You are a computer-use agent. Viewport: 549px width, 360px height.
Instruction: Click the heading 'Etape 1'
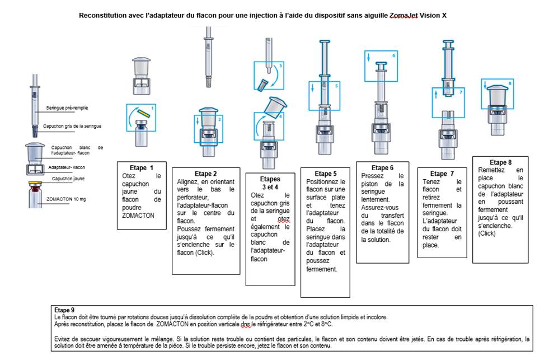[x=142, y=168]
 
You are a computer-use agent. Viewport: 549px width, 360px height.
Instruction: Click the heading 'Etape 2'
[x=205, y=174]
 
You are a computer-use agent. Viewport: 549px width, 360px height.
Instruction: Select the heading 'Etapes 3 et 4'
[x=270, y=183]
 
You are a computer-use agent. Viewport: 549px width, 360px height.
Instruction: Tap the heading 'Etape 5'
[x=325, y=174]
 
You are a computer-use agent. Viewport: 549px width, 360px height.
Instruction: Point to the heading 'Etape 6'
[x=382, y=168]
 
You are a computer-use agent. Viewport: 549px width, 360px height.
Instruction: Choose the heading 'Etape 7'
[x=442, y=174]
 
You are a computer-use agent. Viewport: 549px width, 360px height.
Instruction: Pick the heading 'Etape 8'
[x=500, y=162]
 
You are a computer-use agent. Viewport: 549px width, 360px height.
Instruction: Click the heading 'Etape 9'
[x=64, y=310]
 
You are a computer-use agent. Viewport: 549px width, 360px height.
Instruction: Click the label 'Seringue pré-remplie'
[x=67, y=108]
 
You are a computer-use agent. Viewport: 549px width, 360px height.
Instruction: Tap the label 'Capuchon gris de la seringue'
[x=72, y=126]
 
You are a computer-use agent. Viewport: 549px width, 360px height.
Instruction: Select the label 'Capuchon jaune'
[x=68, y=179]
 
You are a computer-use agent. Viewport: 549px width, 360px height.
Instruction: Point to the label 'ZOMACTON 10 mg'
[x=66, y=199]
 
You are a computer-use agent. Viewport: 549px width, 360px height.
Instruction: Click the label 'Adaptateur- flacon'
[x=67, y=167]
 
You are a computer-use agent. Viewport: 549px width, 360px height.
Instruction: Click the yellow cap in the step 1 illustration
[x=143, y=113]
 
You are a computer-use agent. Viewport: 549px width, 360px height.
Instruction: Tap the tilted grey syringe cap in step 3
[x=262, y=85]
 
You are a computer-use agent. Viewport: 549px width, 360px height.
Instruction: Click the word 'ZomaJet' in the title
[x=403, y=16]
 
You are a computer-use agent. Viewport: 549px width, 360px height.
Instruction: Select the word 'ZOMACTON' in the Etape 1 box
[x=138, y=216]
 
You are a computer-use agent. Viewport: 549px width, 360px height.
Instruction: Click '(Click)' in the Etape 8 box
[x=487, y=233]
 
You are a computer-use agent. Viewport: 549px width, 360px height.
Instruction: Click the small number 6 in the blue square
[x=393, y=55]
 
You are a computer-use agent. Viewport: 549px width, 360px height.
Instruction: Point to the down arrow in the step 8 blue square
[x=486, y=85]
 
